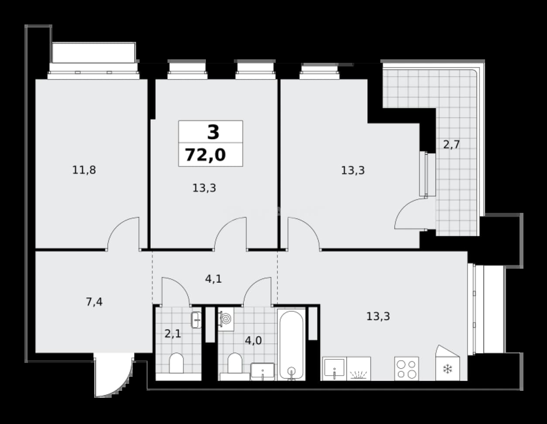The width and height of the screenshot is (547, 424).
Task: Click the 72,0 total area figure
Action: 205,155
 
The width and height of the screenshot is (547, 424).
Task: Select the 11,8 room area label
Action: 84,170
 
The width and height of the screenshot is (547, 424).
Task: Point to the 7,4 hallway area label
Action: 94,302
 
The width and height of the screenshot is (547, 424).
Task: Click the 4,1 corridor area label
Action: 213,279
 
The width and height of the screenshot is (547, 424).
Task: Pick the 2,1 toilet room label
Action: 173,334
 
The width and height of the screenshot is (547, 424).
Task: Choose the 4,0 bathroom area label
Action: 253,341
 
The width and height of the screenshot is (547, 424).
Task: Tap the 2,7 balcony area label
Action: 451,145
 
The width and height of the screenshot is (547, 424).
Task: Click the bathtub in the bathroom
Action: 291,345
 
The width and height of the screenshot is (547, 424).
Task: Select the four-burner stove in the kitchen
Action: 407,369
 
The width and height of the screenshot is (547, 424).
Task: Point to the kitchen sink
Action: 334,369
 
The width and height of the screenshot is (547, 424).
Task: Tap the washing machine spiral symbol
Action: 226,319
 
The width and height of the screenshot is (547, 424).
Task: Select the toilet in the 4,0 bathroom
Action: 235,364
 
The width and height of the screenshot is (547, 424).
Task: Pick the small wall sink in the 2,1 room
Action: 196,320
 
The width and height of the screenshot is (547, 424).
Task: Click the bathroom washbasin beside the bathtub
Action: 263,372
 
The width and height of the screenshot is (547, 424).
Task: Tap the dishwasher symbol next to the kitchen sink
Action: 359,369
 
